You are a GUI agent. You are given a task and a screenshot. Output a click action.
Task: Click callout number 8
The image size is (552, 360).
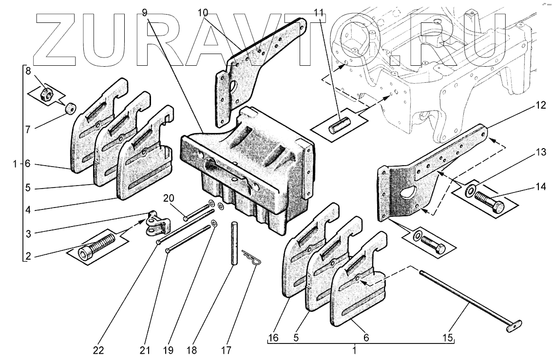pos(28,71)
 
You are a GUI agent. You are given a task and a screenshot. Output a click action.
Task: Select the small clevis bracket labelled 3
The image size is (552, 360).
pos(157,224)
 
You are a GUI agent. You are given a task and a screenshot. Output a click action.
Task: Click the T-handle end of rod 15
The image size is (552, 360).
pos(514,326)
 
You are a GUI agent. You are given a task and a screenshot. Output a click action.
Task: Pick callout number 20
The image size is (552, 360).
pos(169,198)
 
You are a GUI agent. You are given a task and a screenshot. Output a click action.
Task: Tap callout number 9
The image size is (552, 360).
pos(145,12)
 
